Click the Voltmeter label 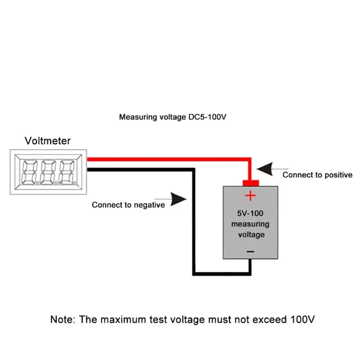(x=48, y=141)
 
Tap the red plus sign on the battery (x=250, y=196)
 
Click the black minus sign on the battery (x=251, y=252)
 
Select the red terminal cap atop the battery (x=251, y=183)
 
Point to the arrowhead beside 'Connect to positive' (x=265, y=169)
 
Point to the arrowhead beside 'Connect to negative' (x=178, y=199)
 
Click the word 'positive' (x=338, y=175)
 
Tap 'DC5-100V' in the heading (x=207, y=117)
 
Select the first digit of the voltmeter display (x=29, y=172)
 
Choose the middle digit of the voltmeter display (x=48, y=172)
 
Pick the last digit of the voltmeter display (x=67, y=172)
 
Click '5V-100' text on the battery (x=250, y=213)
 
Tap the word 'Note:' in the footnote (x=63, y=319)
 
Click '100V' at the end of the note (x=302, y=319)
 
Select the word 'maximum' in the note (x=123, y=319)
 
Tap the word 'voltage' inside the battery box (x=252, y=235)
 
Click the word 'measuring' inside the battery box (x=250, y=224)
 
